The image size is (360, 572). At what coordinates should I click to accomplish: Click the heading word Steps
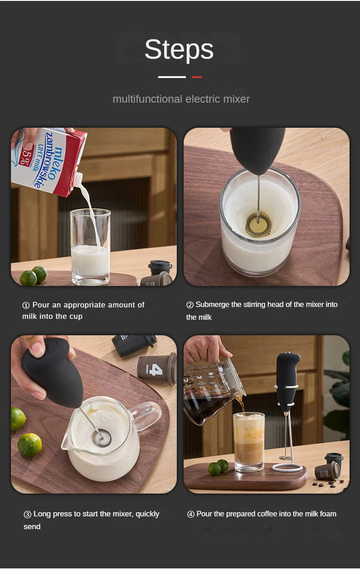179,50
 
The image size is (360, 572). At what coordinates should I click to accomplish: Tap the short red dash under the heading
196,77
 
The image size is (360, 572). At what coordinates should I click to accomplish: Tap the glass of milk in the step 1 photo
90,250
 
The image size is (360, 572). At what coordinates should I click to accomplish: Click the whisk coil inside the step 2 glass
258,224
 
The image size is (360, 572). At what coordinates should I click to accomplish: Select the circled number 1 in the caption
26,305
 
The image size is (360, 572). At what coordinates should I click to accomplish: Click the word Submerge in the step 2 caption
212,305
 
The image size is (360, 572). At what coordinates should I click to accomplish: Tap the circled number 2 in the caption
190,305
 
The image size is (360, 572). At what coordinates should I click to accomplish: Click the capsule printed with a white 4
157,369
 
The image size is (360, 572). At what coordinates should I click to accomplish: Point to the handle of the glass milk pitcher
147,415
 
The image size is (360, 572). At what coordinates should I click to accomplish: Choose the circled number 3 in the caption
27,514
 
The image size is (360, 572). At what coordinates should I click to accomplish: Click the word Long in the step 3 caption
42,514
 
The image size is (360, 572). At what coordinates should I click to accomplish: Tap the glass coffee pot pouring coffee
212,390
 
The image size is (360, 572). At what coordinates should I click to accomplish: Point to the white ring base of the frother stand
287,468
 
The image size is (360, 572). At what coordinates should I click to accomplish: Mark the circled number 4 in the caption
190,514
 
